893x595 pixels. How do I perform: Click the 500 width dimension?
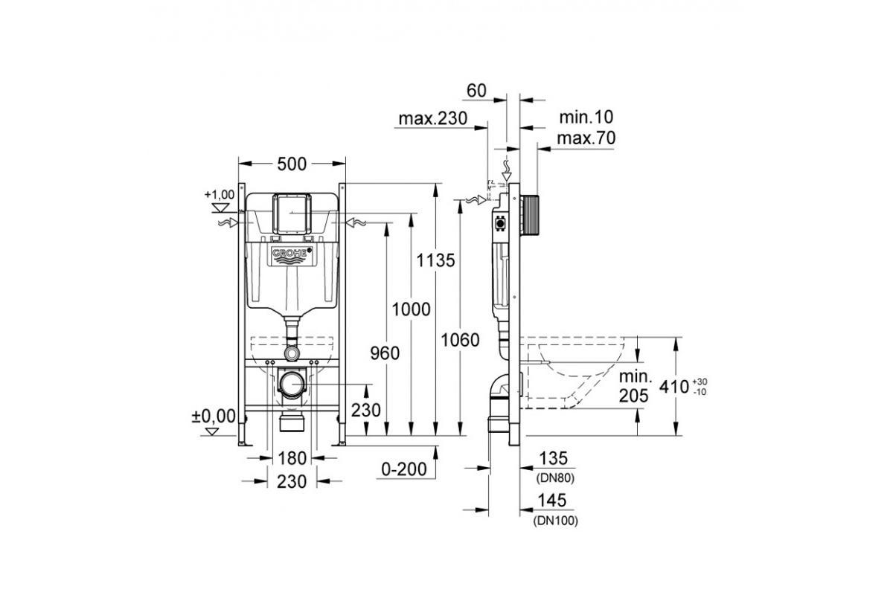point(292,164)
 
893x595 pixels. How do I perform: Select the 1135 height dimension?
point(436,260)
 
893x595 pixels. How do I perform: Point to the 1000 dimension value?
point(412,309)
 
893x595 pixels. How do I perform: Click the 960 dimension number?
point(385,353)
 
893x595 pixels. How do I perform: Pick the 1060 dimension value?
point(460,341)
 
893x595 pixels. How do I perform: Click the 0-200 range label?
point(404,469)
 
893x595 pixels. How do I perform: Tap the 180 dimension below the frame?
point(292,458)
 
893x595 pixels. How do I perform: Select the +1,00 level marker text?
point(220,194)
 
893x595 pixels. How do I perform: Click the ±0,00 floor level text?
point(214,416)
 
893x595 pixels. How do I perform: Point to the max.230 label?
point(433,118)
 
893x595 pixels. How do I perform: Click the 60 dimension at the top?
point(477,91)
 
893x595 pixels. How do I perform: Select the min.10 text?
point(586,118)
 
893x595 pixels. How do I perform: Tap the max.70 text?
point(586,138)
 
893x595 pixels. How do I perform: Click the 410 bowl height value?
point(674,387)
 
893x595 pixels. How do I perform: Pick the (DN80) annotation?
point(556,477)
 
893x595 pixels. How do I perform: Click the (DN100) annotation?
point(556,521)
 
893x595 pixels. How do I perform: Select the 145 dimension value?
point(552,500)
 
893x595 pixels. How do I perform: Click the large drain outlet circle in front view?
point(292,385)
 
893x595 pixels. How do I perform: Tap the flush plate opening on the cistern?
point(292,213)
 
